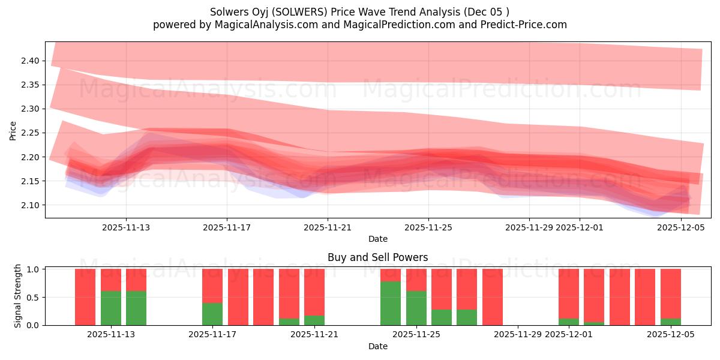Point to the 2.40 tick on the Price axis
(x=31, y=61)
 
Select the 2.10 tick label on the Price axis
(x=31, y=205)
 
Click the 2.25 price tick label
(x=31, y=133)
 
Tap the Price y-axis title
(x=13, y=130)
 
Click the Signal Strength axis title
(x=18, y=296)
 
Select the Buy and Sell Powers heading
(x=377, y=257)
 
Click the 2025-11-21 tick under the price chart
(x=328, y=227)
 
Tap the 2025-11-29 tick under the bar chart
(x=517, y=335)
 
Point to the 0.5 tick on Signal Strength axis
(x=34, y=297)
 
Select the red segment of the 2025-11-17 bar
(x=212, y=286)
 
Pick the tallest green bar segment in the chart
(x=391, y=303)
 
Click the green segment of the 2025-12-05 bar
(x=670, y=322)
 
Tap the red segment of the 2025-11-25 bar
(x=416, y=280)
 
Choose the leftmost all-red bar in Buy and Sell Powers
(x=85, y=297)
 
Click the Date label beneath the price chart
(x=377, y=239)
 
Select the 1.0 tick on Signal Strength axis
(x=34, y=269)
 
